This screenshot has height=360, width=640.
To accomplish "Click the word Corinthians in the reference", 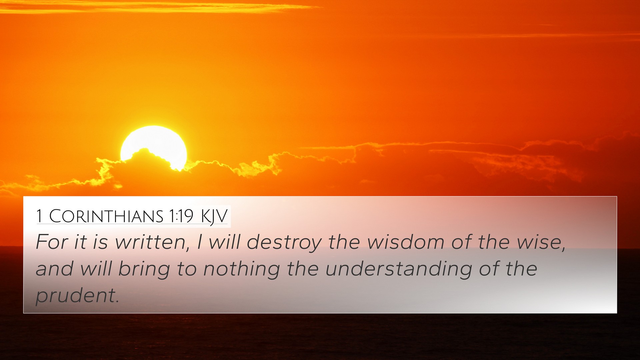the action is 106,216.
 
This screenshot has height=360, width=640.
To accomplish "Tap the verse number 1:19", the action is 181,216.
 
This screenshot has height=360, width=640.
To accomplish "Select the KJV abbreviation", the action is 214,217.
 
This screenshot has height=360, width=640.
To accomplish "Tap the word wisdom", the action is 406,242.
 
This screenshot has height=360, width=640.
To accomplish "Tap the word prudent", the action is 75,296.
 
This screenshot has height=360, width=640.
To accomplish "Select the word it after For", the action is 80,242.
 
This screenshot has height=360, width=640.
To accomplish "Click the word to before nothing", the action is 187,269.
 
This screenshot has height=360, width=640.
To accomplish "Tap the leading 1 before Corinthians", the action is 39,216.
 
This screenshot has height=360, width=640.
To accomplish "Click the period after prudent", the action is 117,302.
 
